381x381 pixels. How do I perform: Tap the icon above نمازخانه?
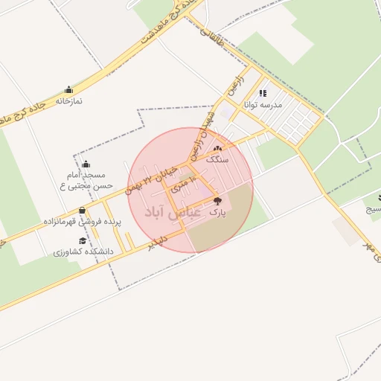point(69,89)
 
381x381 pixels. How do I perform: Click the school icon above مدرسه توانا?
point(262,94)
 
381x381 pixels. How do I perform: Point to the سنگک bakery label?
point(217,160)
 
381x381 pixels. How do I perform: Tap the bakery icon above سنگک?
point(217,150)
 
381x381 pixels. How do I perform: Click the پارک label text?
point(217,212)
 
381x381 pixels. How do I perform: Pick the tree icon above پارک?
point(217,201)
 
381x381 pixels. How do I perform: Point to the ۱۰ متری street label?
point(182,184)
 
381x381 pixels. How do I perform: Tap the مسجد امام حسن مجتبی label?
point(87,179)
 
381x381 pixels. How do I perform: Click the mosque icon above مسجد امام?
point(86,164)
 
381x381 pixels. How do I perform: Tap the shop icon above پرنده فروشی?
point(82,211)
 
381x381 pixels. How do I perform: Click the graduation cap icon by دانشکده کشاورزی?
point(82,241)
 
